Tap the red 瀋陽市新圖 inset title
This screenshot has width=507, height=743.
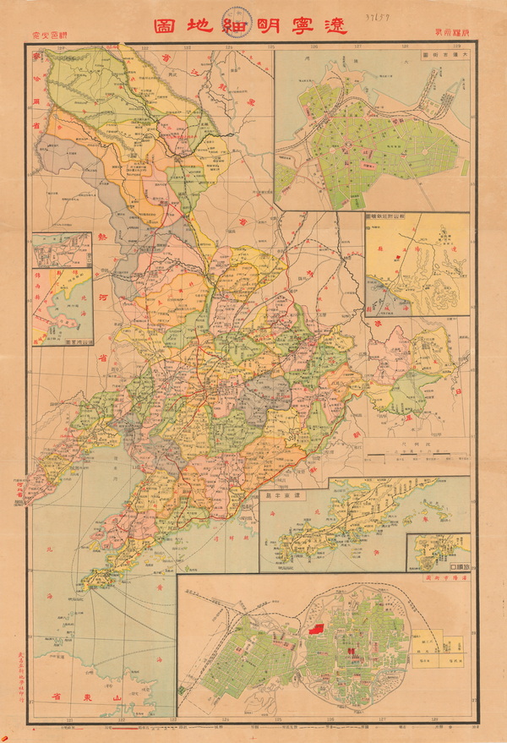pos(441,576)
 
